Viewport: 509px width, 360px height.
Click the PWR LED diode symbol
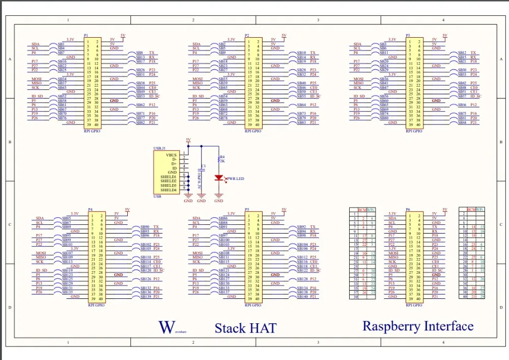pyautogui.click(x=219, y=178)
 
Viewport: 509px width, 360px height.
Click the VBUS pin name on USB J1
pyautogui.click(x=171, y=154)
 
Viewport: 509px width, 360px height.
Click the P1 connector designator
pyautogui.click(x=86, y=36)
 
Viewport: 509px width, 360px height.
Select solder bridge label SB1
pyautogui.click(x=61, y=44)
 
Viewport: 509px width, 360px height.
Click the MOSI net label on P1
pyautogui.click(x=36, y=79)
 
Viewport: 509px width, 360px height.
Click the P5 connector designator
pyautogui.click(x=247, y=210)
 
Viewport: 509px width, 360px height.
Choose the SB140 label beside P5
pyautogui.click(x=302, y=296)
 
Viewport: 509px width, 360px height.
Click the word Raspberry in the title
pyautogui.click(x=393, y=326)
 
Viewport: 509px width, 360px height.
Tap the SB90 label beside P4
pyautogui.click(x=145, y=227)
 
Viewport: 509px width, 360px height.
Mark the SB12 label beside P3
pyautogui.click(x=462, y=53)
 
